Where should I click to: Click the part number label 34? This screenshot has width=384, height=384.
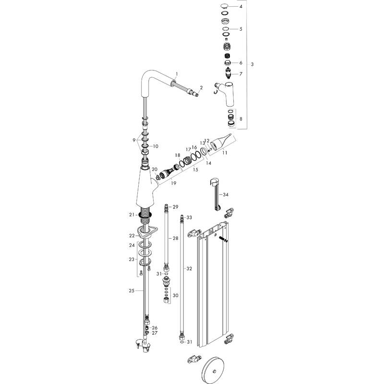pyautogui.click(x=226, y=195)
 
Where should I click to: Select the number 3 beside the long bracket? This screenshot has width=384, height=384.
pyautogui.click(x=252, y=64)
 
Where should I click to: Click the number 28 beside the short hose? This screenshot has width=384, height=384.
pyautogui.click(x=175, y=238)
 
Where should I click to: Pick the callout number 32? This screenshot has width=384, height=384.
pyautogui.click(x=189, y=268)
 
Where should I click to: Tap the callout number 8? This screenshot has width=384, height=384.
pyautogui.click(x=241, y=119)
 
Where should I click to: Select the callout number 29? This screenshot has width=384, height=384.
pyautogui.click(x=175, y=206)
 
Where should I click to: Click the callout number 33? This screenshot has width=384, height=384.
pyautogui.click(x=189, y=217)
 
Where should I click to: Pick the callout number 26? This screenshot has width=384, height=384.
pyautogui.click(x=155, y=328)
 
